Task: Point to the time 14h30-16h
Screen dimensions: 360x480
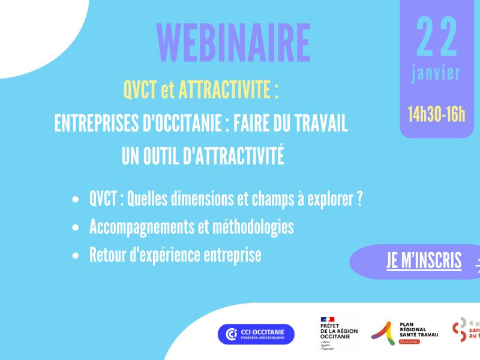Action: click(436, 113)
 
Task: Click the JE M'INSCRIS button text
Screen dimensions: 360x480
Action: click(424, 261)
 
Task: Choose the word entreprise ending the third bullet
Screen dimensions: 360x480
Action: click(230, 256)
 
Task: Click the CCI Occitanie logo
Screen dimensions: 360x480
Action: click(256, 334)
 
